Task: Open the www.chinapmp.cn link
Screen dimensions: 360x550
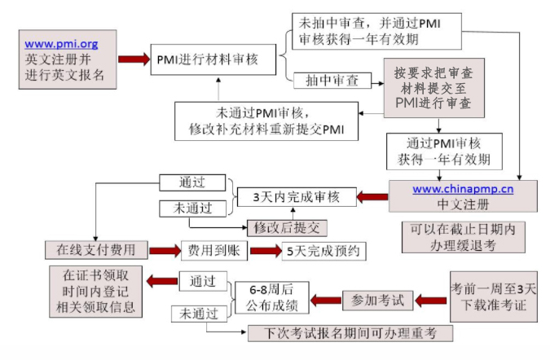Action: tap(462, 189)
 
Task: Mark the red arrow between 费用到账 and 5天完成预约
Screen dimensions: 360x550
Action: tap(265, 250)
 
